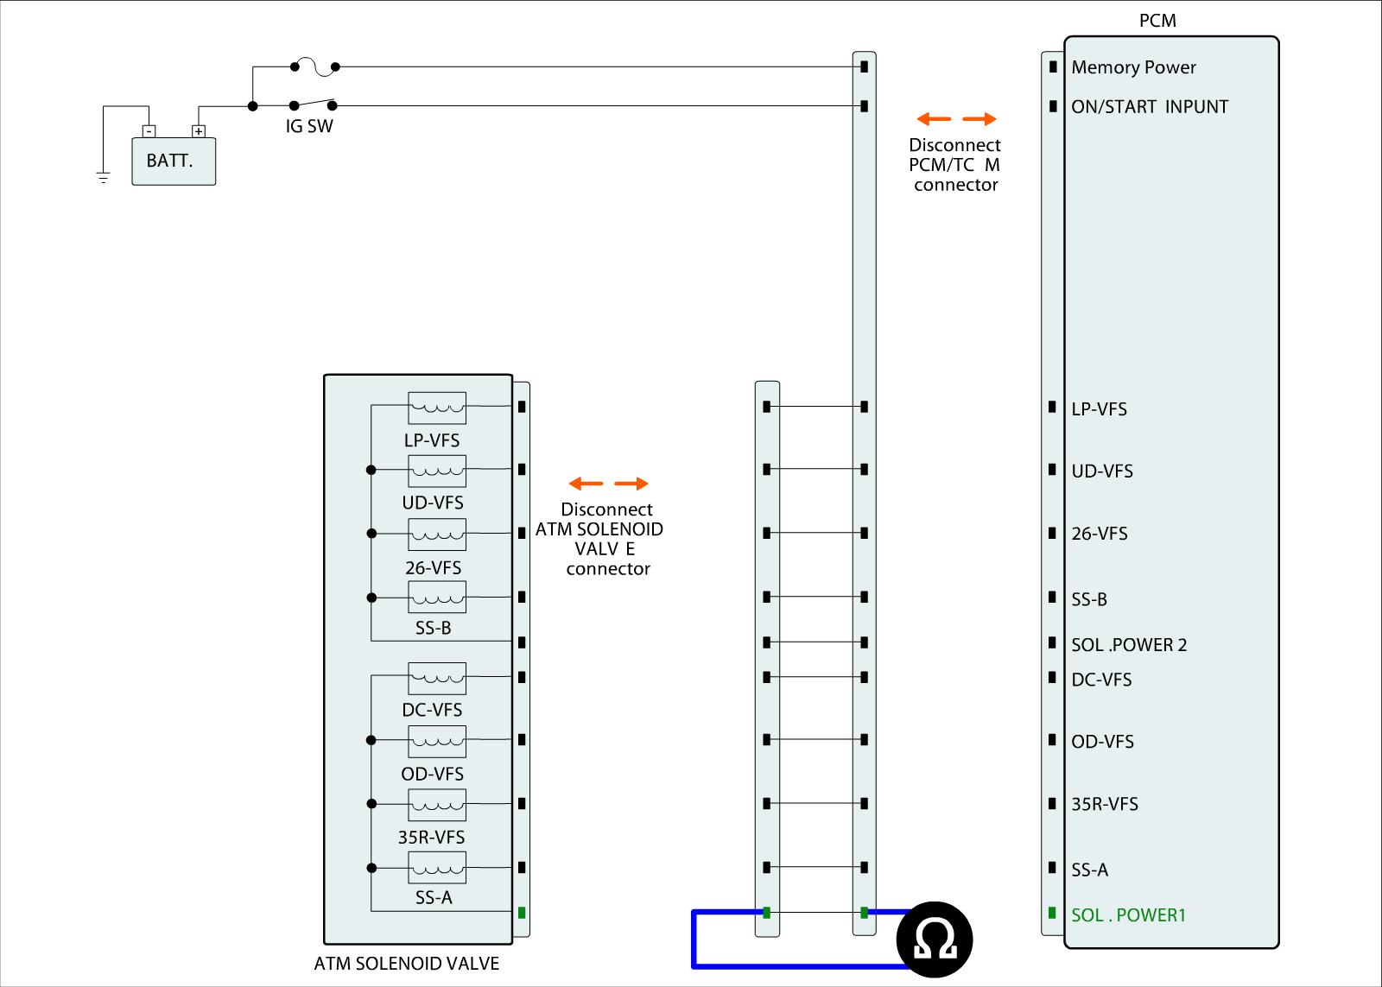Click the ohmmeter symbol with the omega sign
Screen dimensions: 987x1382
tap(935, 940)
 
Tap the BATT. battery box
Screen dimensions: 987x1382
tap(174, 161)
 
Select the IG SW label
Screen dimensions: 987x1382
tap(309, 126)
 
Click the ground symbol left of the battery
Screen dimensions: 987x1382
tap(104, 179)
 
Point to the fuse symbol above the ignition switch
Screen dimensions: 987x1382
tap(314, 66)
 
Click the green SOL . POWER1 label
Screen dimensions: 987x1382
tap(1128, 914)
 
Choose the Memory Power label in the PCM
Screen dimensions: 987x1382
tap(1133, 67)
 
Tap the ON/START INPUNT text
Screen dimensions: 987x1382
tap(1150, 107)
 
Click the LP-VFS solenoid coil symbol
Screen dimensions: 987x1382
tap(437, 407)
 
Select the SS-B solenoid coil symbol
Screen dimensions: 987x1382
tap(437, 597)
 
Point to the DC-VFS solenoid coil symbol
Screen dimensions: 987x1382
tap(437, 678)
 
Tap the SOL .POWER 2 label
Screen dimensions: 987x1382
tap(1129, 645)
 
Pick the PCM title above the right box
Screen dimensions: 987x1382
tap(1157, 21)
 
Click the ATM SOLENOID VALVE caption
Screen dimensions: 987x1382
tap(407, 963)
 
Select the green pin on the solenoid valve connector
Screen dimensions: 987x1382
tap(522, 913)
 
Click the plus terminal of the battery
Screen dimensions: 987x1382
tap(199, 131)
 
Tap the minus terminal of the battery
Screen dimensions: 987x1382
tap(149, 131)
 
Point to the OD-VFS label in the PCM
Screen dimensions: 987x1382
tap(1102, 742)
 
